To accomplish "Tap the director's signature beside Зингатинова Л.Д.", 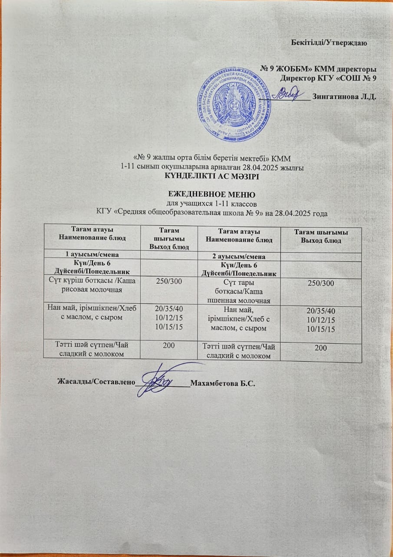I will [287, 93].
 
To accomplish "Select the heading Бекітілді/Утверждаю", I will [329, 43].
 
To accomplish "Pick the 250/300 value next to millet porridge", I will [321, 283].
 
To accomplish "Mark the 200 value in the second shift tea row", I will [321, 347].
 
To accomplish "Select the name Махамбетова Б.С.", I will [222, 383].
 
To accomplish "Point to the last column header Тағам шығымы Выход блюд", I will [321, 237].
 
